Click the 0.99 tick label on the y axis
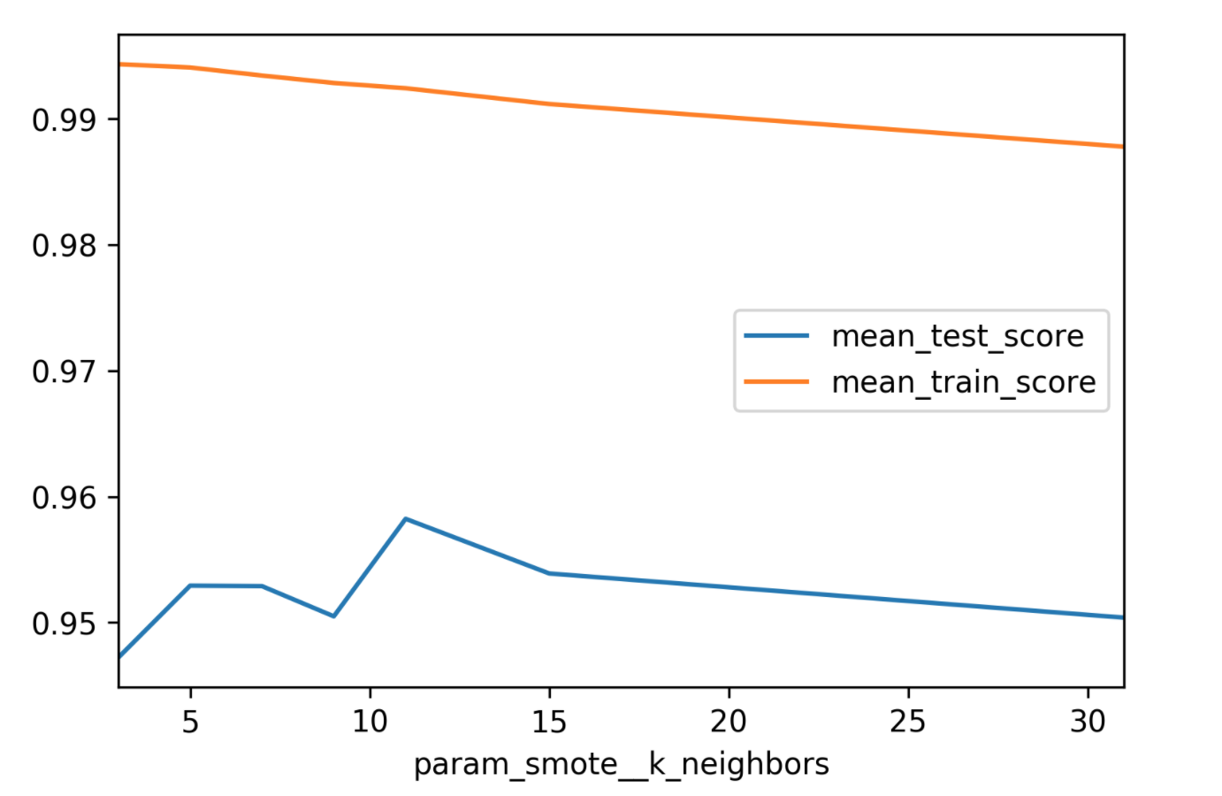point(64,119)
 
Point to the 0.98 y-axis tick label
point(64,245)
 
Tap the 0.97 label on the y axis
point(64,371)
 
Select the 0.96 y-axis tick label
point(64,497)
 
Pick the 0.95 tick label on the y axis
point(64,624)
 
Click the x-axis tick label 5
point(190,722)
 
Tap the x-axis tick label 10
point(370,722)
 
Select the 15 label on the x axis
point(549,722)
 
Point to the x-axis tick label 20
point(729,722)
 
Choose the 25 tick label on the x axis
point(908,722)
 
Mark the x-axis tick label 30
point(1088,722)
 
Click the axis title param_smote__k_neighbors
point(621,764)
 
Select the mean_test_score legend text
point(958,336)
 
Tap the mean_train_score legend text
point(964,382)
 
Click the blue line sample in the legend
point(776,336)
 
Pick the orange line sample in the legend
point(776,382)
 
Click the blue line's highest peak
point(406,518)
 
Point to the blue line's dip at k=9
point(333,616)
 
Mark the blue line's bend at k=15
point(549,573)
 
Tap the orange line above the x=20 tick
point(729,118)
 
